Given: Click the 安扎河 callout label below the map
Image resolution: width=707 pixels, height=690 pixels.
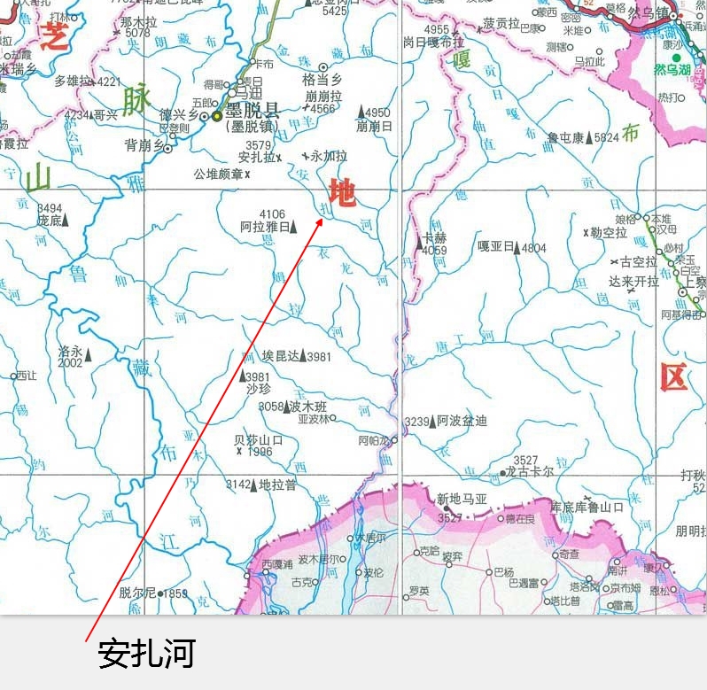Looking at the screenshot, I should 145,655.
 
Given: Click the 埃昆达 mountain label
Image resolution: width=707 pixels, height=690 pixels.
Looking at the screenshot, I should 281,356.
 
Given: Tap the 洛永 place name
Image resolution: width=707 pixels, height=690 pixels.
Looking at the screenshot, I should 70,351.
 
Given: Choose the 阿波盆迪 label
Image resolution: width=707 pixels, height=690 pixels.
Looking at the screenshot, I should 462,421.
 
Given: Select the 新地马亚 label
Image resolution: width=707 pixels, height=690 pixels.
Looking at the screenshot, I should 462,500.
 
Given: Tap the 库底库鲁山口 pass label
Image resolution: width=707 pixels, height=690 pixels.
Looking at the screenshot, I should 587,507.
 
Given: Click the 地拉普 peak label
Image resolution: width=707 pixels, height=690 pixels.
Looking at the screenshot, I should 277,485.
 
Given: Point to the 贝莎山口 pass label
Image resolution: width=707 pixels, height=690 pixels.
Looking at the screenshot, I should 258,439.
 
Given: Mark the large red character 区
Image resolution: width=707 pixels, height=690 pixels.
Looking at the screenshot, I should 673,378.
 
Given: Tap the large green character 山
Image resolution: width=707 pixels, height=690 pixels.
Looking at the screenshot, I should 39,179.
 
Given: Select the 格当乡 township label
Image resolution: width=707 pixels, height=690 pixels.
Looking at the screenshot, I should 322,80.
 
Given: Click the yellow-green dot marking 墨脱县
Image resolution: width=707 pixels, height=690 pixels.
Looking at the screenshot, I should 216,115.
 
